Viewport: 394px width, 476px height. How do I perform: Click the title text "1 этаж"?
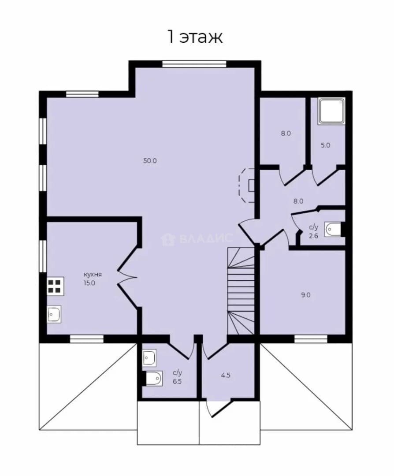[x=195, y=37]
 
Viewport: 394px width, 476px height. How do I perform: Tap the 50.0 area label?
[x=150, y=161]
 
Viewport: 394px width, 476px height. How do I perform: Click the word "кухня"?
[x=93, y=275]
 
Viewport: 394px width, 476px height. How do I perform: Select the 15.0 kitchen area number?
[x=89, y=283]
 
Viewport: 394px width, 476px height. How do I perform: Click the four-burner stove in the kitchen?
[x=55, y=286]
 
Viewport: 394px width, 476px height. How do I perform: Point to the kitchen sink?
[x=54, y=314]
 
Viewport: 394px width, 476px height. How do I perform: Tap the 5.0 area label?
[x=325, y=145]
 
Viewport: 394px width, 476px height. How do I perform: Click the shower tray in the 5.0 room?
[x=331, y=111]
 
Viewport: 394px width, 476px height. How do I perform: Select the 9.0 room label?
[x=306, y=295]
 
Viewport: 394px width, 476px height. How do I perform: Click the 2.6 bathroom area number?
[x=313, y=236]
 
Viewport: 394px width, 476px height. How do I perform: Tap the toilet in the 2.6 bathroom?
[x=333, y=230]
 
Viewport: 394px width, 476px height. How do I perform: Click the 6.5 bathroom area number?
[x=177, y=382]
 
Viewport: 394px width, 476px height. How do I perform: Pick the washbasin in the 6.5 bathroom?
[x=149, y=358]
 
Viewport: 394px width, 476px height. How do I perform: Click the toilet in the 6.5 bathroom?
[x=153, y=378]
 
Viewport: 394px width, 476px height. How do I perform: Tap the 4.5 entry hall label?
[x=226, y=375]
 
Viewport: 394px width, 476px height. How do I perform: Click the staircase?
[x=241, y=291]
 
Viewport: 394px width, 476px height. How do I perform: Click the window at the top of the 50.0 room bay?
[x=194, y=64]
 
